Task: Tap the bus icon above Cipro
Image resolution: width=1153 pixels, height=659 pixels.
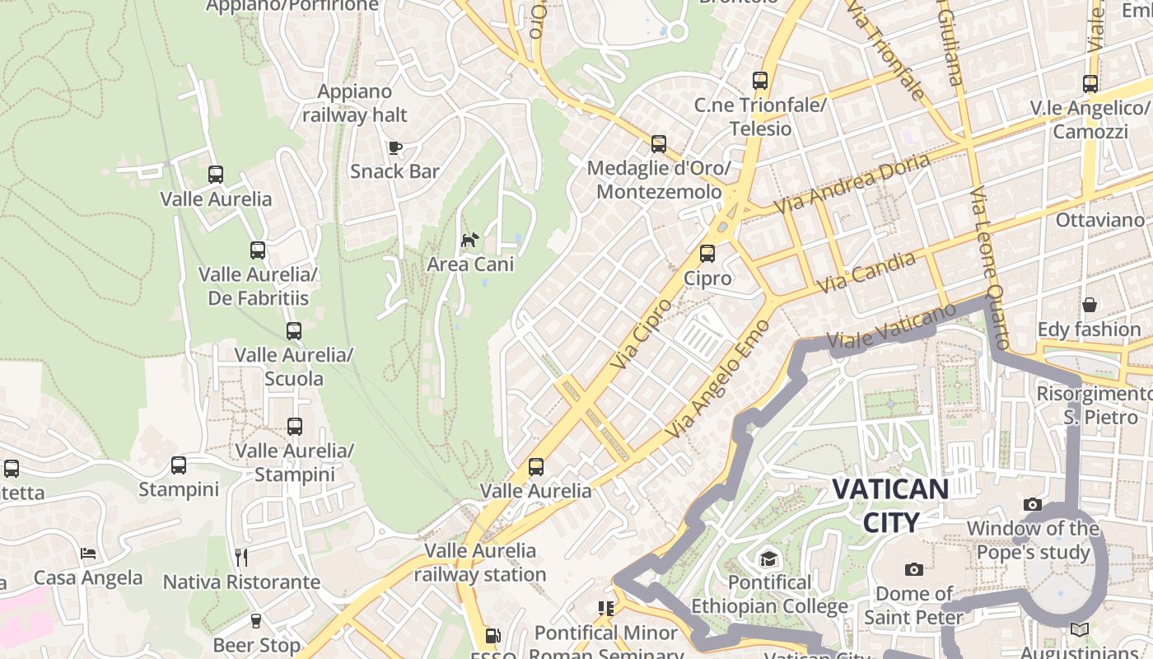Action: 707,254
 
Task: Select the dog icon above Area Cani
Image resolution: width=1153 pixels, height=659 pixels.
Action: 470,240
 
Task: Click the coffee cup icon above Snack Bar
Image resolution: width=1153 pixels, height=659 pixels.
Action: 395,147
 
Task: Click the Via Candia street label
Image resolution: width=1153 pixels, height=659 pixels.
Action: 866,273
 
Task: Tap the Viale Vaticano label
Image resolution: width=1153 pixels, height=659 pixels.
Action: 890,327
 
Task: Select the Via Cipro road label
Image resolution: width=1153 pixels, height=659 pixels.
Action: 642,334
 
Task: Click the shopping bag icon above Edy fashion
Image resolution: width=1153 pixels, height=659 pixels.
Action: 1090,305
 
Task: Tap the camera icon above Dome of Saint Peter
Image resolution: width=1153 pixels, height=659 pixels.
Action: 913,569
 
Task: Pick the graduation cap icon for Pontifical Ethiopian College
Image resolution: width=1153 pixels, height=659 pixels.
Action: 768,559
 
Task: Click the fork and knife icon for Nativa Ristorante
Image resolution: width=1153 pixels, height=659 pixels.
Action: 240,558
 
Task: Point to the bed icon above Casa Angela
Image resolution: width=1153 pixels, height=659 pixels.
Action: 88,554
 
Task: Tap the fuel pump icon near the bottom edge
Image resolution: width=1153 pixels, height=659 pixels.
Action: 492,635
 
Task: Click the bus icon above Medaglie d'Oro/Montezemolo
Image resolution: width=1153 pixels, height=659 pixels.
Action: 659,144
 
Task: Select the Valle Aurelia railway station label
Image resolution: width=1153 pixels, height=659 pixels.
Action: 480,563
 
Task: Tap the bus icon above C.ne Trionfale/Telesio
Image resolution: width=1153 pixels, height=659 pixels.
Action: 760,81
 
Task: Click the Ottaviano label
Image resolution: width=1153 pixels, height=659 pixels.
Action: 1100,220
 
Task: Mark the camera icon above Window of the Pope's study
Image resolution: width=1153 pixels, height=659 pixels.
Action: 1033,504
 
